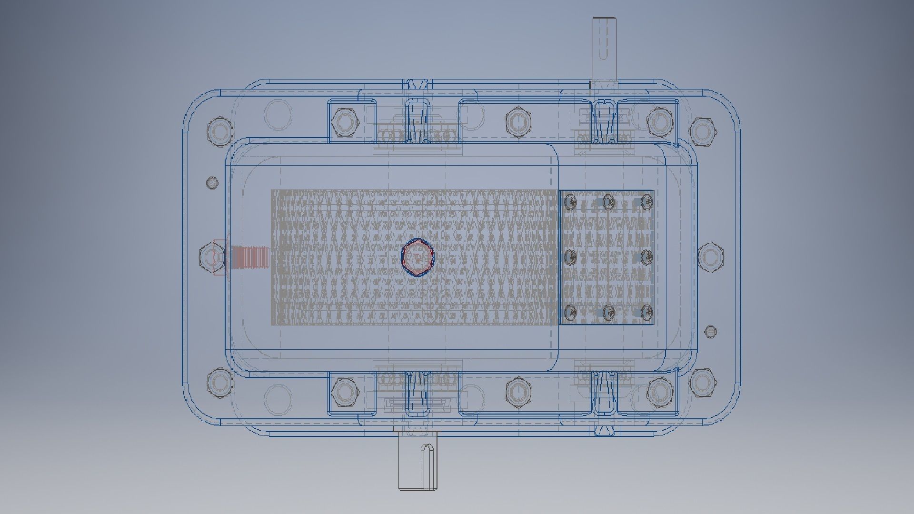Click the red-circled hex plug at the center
pyautogui.click(x=417, y=257)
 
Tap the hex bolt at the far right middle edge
pyautogui.click(x=709, y=257)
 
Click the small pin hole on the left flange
pyautogui.click(x=212, y=183)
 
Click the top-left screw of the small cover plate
pyautogui.click(x=571, y=202)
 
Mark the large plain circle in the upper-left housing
pyautogui.click(x=278, y=114)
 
